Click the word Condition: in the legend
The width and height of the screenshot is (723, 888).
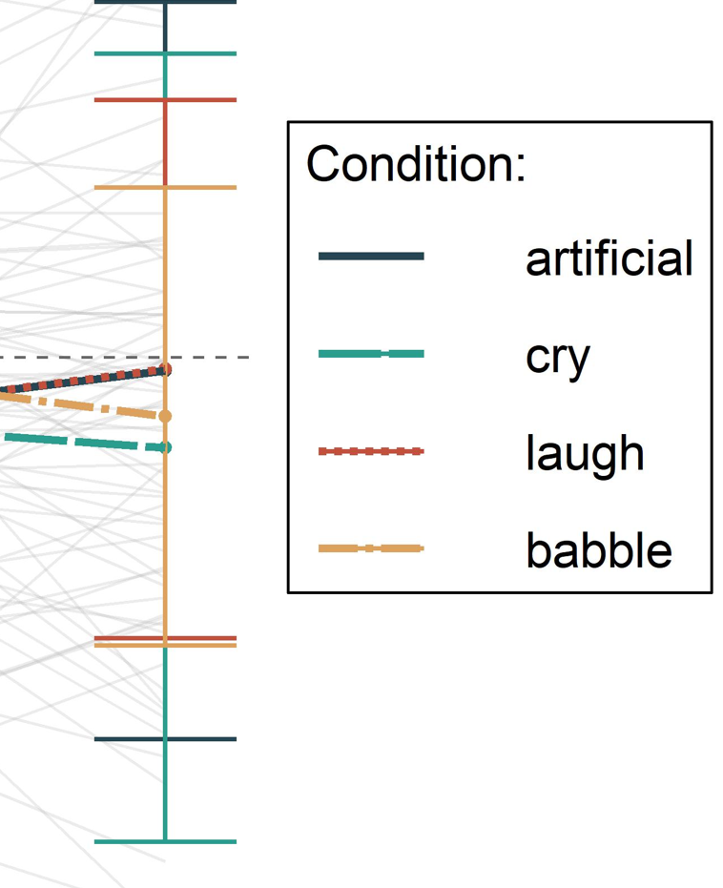point(416,165)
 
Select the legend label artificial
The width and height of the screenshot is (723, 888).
point(609,258)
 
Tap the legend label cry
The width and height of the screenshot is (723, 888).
point(558,356)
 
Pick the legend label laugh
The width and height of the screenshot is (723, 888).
point(584,453)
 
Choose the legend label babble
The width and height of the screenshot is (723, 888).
point(598,550)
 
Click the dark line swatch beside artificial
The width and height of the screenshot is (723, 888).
point(371,256)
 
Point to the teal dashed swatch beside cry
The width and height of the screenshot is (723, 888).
point(371,354)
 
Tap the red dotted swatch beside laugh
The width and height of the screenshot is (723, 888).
point(371,451)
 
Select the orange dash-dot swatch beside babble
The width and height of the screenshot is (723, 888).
point(371,548)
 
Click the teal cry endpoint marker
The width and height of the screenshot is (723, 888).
point(165,446)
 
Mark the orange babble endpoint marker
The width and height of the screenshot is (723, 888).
point(165,416)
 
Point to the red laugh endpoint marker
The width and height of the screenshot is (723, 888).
point(165,369)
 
